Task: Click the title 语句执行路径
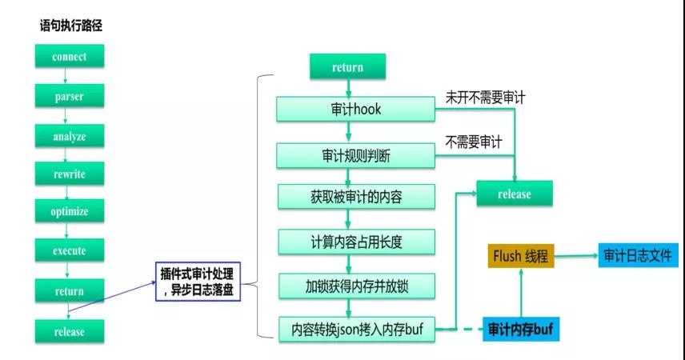click(x=71, y=26)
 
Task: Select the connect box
click(x=70, y=57)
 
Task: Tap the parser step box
click(x=70, y=97)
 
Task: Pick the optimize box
click(x=70, y=212)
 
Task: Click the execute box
click(x=70, y=251)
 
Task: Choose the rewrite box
click(x=70, y=174)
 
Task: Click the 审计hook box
click(x=355, y=110)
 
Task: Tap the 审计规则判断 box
click(x=355, y=154)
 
